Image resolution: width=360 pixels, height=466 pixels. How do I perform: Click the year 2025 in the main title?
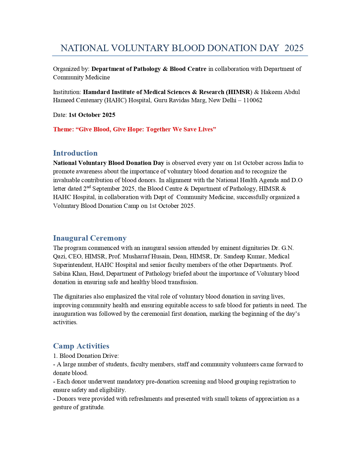[x=294, y=48]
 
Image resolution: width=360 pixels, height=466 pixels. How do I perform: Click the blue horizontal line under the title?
[x=180, y=56]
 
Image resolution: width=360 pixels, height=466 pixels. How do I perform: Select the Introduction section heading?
[x=75, y=153]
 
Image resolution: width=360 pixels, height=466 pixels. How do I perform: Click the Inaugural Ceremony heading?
[x=90, y=238]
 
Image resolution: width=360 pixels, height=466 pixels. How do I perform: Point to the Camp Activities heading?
[x=81, y=346]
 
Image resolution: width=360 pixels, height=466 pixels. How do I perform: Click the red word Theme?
[x=63, y=129]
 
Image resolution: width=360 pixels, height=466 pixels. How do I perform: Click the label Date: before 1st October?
[x=60, y=115]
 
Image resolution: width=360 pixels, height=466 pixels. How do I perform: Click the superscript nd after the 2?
[x=88, y=187]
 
